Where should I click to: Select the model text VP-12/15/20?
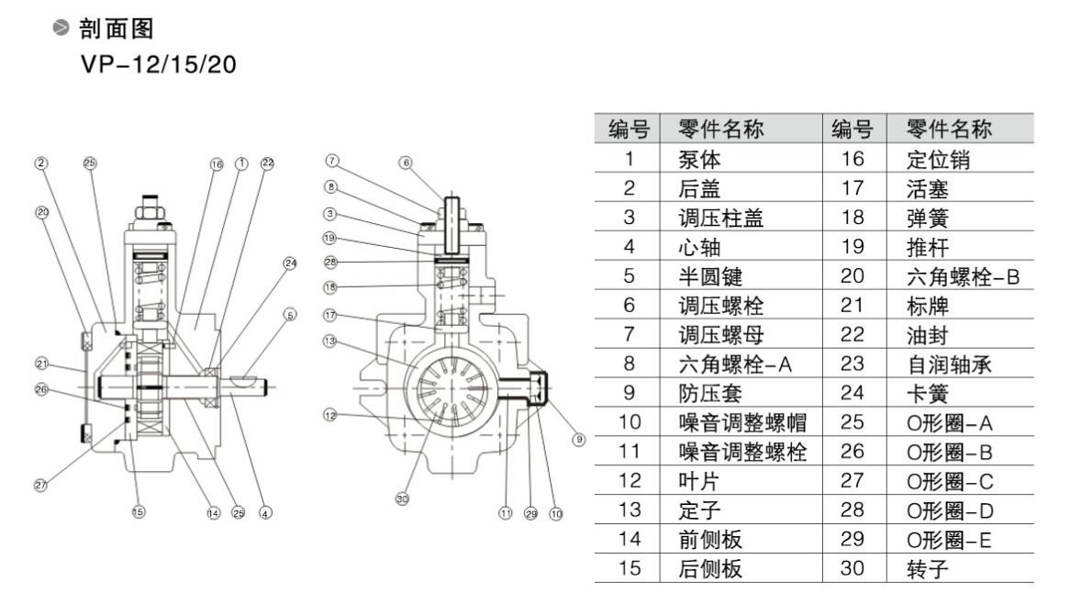click(152, 66)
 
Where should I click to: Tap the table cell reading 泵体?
click(700, 159)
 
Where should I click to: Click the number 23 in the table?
click(852, 364)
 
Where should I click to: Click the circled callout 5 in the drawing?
click(290, 315)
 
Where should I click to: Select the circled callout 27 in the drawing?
click(40, 486)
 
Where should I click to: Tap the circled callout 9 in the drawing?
click(578, 439)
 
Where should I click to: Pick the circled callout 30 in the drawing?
click(402, 498)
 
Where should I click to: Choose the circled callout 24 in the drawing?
click(290, 263)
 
